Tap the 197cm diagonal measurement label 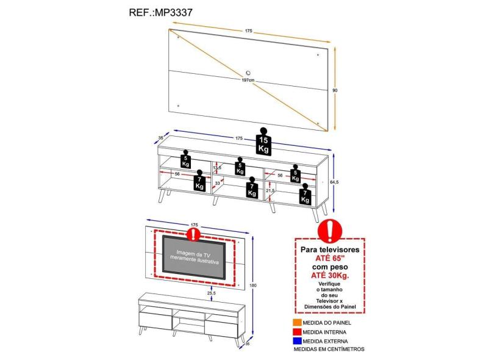coord(248,80)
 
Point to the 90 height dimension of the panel coord(335,90)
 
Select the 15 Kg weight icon coord(263,142)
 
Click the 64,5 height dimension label coord(335,181)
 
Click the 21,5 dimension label coord(271,191)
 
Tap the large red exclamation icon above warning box coord(330,231)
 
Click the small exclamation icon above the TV coord(194,232)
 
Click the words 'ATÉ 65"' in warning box coord(330,258)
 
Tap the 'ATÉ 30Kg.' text coord(330,275)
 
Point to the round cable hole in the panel coord(251,69)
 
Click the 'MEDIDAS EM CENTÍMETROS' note coord(329,349)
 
